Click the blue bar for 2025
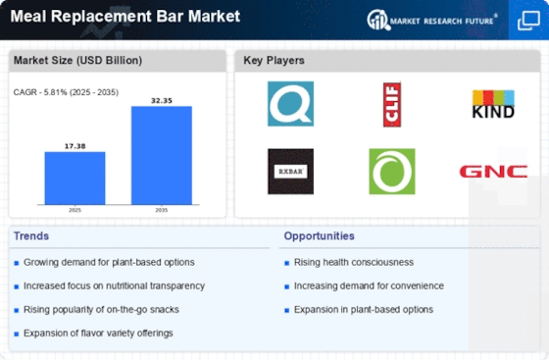click(x=75, y=178)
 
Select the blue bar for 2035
click(x=162, y=155)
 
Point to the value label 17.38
click(x=75, y=146)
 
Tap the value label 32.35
click(x=162, y=101)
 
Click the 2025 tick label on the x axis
click(x=75, y=210)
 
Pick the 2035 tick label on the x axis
click(x=162, y=210)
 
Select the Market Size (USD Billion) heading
click(x=77, y=60)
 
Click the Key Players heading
click(x=274, y=60)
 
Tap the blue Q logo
click(x=290, y=104)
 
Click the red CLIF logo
click(x=392, y=104)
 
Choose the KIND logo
click(x=493, y=104)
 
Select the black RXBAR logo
click(x=290, y=172)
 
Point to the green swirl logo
click(x=392, y=172)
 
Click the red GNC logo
click(x=493, y=172)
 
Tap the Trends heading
click(x=31, y=236)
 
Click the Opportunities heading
click(x=319, y=236)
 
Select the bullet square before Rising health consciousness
click(x=286, y=263)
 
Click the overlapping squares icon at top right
click(x=528, y=21)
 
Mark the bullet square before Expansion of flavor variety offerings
click(x=16, y=334)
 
